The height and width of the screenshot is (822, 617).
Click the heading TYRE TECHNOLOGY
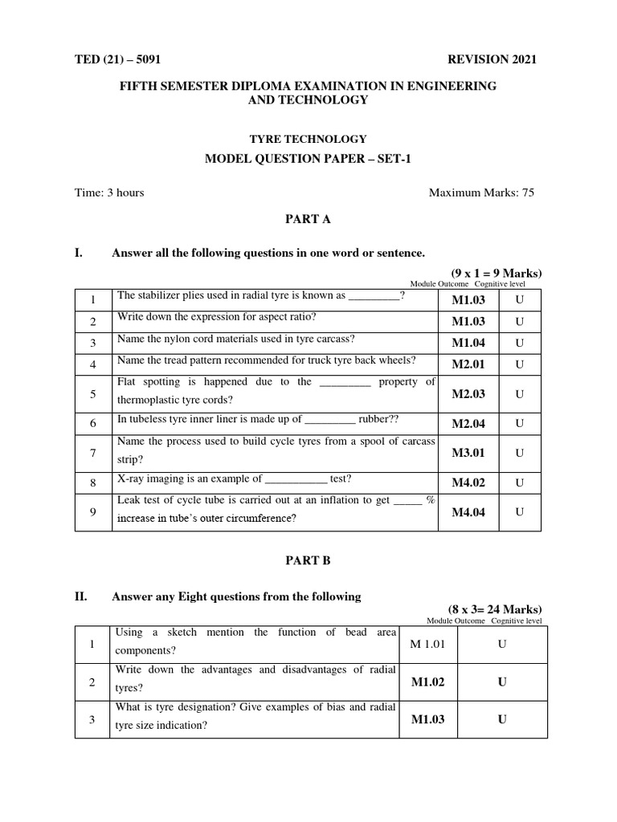[x=308, y=139]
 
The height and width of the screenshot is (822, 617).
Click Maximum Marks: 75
[x=481, y=193]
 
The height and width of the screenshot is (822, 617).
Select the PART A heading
[x=308, y=218]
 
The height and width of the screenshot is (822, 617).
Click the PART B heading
[x=308, y=561]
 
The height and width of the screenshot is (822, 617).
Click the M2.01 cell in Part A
[x=470, y=364]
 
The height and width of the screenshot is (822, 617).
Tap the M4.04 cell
[x=468, y=512]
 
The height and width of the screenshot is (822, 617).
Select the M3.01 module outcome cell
[x=468, y=454]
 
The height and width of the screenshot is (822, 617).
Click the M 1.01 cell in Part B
[x=427, y=645]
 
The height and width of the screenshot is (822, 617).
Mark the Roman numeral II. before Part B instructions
[x=80, y=596]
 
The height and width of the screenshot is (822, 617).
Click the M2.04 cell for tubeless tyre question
[x=470, y=423]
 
